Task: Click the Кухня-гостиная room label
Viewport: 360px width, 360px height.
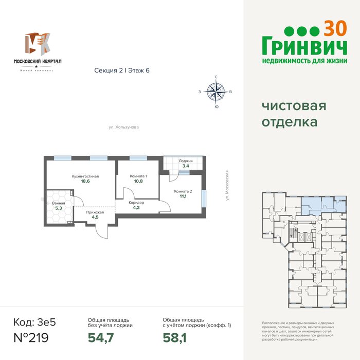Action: click(x=85, y=176)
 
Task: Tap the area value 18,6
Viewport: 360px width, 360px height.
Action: click(x=85, y=181)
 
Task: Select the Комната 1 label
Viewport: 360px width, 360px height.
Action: click(x=138, y=176)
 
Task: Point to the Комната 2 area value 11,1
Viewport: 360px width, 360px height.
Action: click(x=183, y=196)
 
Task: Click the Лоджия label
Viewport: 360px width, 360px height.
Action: click(x=186, y=161)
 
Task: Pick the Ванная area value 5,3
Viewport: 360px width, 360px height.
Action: click(x=59, y=208)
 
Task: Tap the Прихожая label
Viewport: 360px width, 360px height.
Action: click(x=95, y=212)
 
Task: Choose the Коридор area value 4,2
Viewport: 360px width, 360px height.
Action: click(x=136, y=208)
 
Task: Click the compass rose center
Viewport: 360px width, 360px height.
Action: click(x=216, y=92)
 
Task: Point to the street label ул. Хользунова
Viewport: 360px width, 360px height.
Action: click(x=124, y=127)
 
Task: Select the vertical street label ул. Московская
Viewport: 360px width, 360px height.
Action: click(x=227, y=185)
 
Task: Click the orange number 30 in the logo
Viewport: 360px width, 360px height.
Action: click(x=335, y=29)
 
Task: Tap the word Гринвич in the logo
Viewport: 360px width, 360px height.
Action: click(x=304, y=46)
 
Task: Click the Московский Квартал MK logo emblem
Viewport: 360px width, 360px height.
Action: click(x=38, y=44)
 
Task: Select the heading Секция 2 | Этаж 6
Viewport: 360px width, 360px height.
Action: click(x=122, y=70)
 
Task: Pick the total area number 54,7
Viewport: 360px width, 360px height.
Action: click(x=101, y=338)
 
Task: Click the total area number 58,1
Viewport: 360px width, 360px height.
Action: click(x=174, y=338)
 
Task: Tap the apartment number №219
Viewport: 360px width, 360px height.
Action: click(x=31, y=338)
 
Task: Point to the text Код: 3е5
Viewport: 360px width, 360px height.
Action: click(x=34, y=322)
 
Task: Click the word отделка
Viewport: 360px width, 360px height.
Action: click(x=290, y=122)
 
